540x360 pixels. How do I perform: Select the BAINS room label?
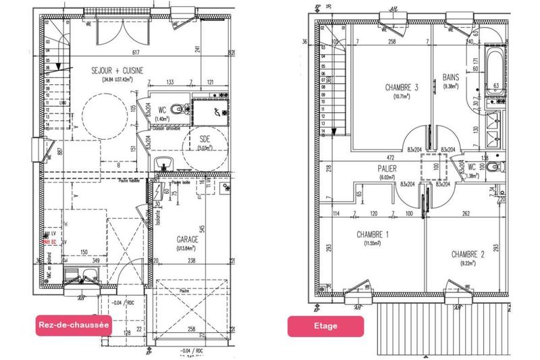pyautogui.click(x=451, y=78)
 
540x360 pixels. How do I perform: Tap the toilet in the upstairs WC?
pyautogui.click(x=495, y=168)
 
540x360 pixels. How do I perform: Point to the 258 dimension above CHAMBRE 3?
pyautogui.click(x=392, y=42)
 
